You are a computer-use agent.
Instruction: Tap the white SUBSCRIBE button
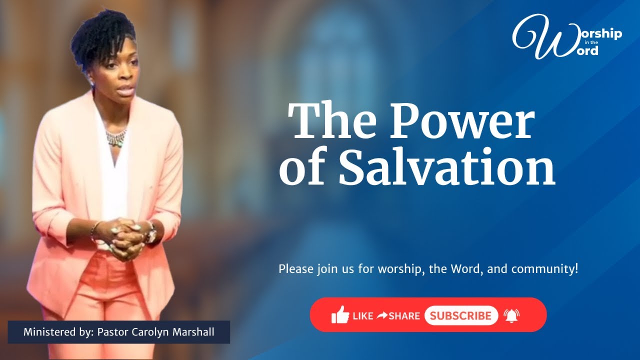tap(461, 315)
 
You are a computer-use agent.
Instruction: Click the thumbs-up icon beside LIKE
tap(340, 315)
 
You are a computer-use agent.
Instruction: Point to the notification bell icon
tap(511, 315)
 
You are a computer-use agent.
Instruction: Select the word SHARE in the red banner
tap(404, 316)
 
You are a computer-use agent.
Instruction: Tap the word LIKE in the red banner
tap(363, 316)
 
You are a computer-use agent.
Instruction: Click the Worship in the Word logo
tap(567, 36)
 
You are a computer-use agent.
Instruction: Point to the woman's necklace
tap(116, 137)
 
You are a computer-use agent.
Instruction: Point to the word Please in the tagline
tap(295, 269)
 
